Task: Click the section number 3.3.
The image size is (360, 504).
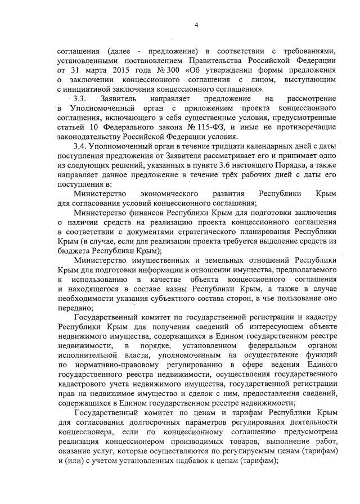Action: [x=81, y=98]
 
